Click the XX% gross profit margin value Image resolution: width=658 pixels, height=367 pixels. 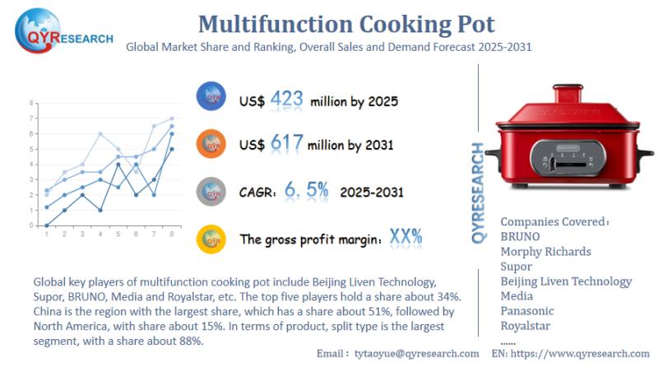(x=406, y=237)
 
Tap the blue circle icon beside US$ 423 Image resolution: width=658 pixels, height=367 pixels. (x=211, y=97)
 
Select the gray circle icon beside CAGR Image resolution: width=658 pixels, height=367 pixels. (x=211, y=191)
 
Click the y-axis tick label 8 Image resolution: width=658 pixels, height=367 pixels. (x=31, y=103)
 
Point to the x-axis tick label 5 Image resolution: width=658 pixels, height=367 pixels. (x=118, y=235)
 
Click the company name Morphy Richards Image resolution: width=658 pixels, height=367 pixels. (x=545, y=251)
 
